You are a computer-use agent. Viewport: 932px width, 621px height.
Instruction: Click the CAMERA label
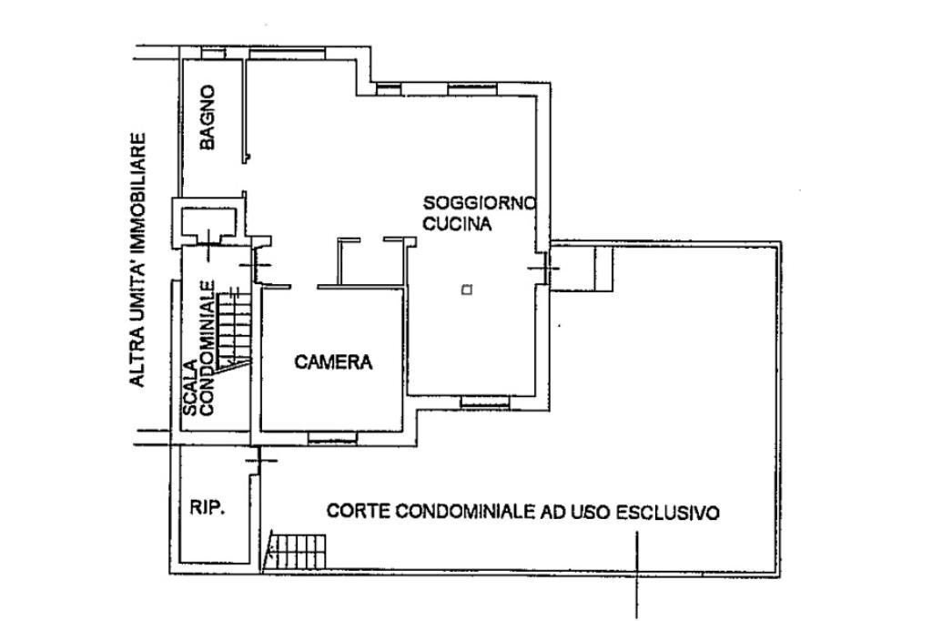pyautogui.click(x=334, y=361)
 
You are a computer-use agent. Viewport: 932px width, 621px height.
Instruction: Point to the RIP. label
pyautogui.click(x=208, y=508)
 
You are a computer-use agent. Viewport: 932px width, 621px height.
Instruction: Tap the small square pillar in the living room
pyautogui.click(x=466, y=290)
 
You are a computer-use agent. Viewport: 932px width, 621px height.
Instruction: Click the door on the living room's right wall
pyautogui.click(x=546, y=265)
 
